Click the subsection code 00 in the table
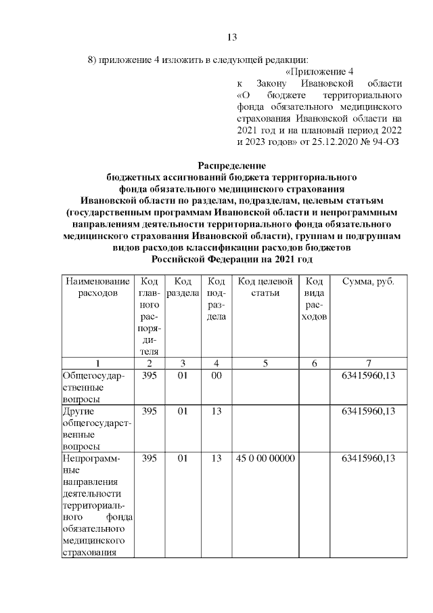click(216, 376)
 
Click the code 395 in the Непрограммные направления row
click(150, 459)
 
